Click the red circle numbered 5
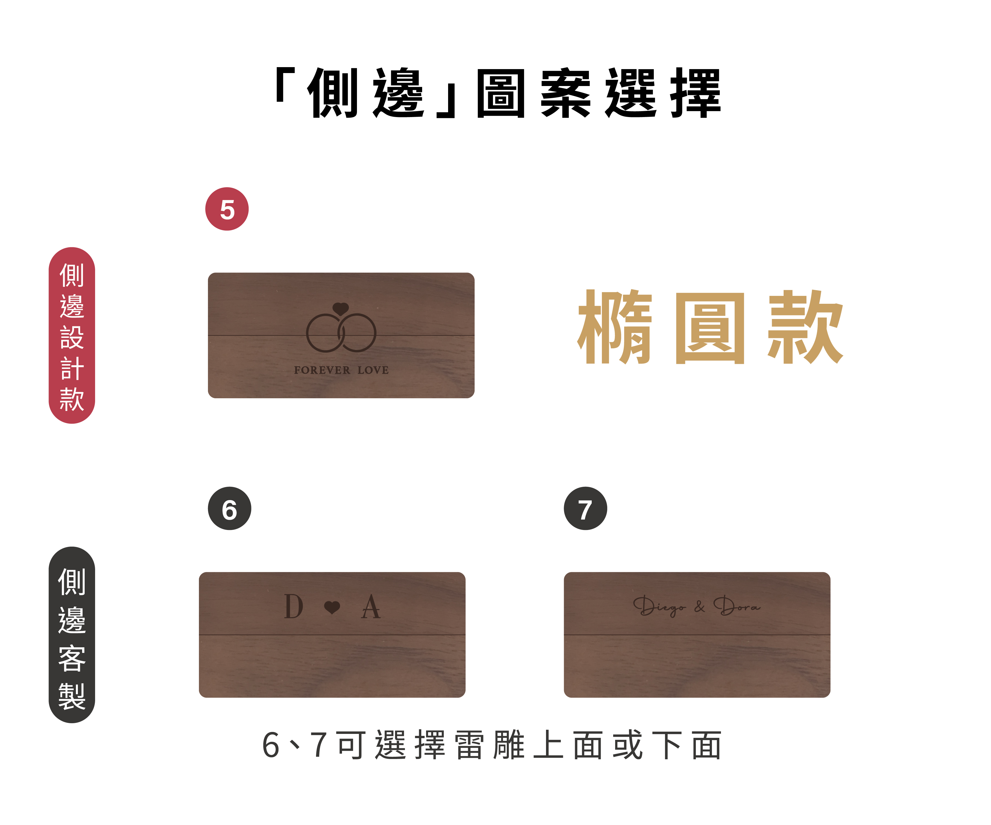pos(227,209)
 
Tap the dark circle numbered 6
pos(229,509)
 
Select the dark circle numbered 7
pos(585,509)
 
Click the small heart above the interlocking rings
pos(341,309)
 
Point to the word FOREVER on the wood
pos(322,370)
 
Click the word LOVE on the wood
pos(373,370)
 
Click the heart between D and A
pos(332,608)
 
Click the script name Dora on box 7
pos(737,606)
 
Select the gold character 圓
pos(710,328)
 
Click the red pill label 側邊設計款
pos(72,335)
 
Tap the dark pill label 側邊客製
pos(72,635)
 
